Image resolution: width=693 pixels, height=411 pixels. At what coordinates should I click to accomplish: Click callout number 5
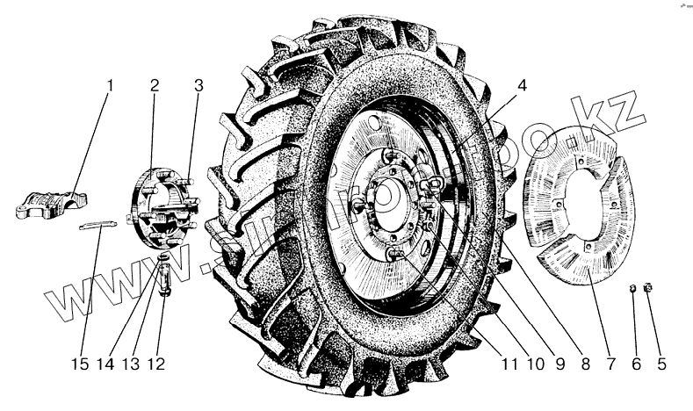pos(662,360)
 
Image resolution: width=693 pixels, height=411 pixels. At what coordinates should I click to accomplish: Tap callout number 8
pos(581,360)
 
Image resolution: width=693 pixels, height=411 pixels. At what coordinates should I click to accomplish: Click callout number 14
pos(106,362)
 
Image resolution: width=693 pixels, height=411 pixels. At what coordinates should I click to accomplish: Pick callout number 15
pos(81,362)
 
